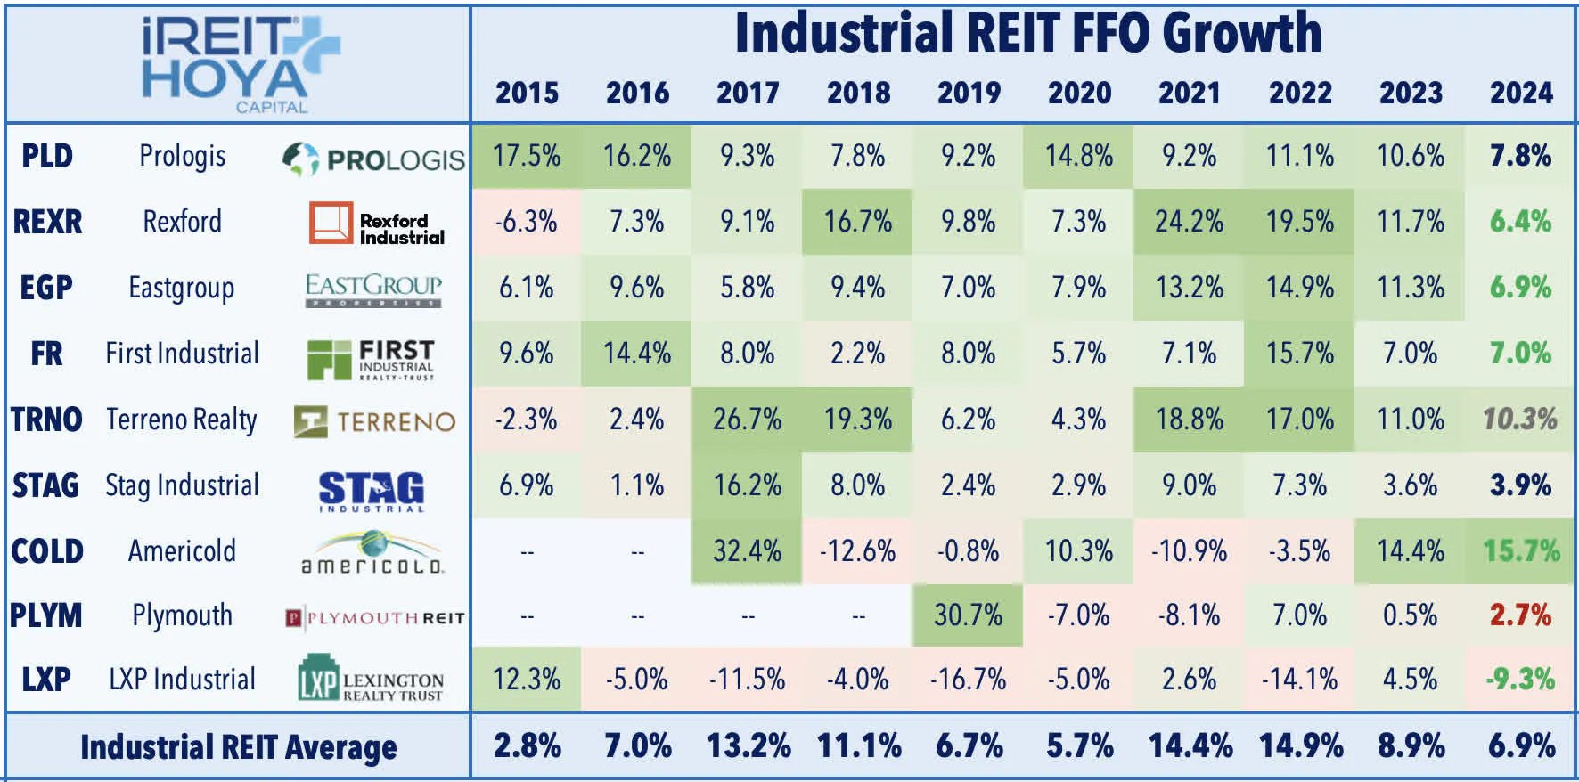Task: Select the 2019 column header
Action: (x=969, y=93)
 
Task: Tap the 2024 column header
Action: (x=1521, y=93)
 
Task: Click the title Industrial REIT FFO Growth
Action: (x=1027, y=34)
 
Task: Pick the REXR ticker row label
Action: (x=47, y=222)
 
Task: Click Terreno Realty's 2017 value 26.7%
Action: (x=747, y=419)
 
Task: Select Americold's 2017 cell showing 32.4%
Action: (x=747, y=550)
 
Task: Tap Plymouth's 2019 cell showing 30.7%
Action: (x=968, y=615)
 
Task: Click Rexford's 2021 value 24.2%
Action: (x=1189, y=221)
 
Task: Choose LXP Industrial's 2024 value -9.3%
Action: (x=1520, y=680)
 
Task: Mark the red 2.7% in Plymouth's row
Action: (x=1520, y=615)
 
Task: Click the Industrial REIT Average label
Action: (x=238, y=747)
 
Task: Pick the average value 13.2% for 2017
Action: (x=748, y=745)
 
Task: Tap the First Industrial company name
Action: (x=182, y=354)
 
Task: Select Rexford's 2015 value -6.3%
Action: (x=526, y=221)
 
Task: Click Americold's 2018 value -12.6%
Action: (x=857, y=550)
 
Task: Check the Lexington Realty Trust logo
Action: (x=371, y=680)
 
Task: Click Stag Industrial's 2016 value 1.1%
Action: (x=636, y=485)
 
